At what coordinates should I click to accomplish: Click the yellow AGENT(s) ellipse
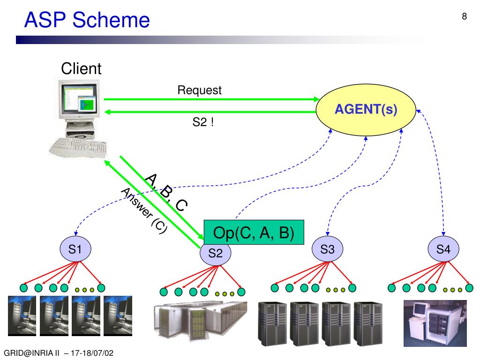366,110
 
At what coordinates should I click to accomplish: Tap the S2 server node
215,254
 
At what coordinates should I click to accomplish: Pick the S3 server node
327,249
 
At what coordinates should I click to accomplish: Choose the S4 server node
443,249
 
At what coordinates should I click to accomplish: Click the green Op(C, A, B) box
254,232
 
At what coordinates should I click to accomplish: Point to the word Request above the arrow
199,90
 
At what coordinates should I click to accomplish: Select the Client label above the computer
81,69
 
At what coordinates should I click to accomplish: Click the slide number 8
464,17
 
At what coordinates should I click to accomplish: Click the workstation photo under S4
435,322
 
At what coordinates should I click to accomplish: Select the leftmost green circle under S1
24,287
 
